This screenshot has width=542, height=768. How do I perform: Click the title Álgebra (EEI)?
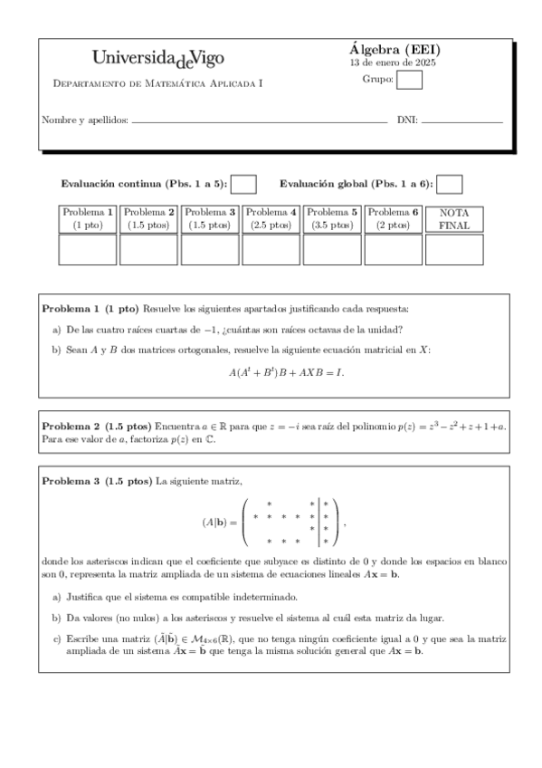[x=395, y=50]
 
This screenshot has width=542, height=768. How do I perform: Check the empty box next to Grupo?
[x=409, y=81]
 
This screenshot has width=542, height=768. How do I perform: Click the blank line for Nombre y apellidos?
[x=260, y=120]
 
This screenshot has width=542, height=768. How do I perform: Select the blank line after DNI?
[x=461, y=120]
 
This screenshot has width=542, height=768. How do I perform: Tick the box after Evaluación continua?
[x=243, y=184]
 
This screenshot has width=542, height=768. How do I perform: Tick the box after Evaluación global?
[x=450, y=184]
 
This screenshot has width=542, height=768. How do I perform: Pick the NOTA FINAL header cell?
[x=454, y=218]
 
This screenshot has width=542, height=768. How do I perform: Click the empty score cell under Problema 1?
[x=87, y=249]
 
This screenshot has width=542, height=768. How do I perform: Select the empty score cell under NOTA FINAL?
[x=454, y=249]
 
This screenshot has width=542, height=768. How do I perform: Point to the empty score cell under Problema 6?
[x=393, y=249]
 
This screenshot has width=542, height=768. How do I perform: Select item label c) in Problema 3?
[x=57, y=638]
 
